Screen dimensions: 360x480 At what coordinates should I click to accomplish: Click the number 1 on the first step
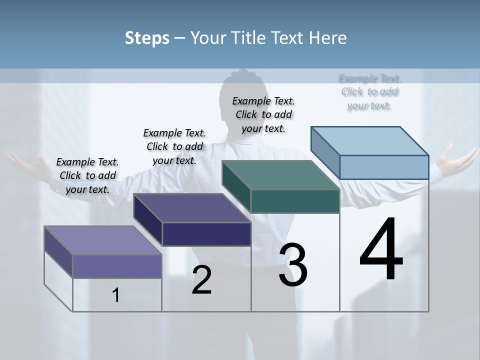(x=116, y=295)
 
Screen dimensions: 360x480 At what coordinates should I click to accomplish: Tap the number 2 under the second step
(x=201, y=280)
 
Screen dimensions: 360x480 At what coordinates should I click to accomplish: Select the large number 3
(x=293, y=265)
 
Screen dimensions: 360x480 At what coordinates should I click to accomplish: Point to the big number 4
(x=381, y=250)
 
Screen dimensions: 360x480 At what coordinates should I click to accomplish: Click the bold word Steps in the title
(x=147, y=38)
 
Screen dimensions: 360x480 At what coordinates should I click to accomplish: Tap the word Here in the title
(x=328, y=38)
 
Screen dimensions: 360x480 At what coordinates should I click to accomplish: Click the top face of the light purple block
(x=102, y=240)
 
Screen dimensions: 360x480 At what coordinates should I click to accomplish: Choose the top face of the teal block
(x=281, y=175)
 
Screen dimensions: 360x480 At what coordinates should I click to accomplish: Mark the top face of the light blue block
(x=370, y=141)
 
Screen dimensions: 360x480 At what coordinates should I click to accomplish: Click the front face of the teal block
(x=295, y=201)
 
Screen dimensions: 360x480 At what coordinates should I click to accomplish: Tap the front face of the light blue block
(x=384, y=167)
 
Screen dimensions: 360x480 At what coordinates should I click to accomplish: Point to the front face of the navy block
(x=206, y=234)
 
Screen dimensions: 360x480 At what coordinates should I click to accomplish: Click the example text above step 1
(x=87, y=175)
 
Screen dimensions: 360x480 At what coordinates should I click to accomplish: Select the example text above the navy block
(x=174, y=146)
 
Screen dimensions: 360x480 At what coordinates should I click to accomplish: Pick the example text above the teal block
(x=263, y=114)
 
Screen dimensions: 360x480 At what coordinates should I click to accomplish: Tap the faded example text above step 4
(x=369, y=92)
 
